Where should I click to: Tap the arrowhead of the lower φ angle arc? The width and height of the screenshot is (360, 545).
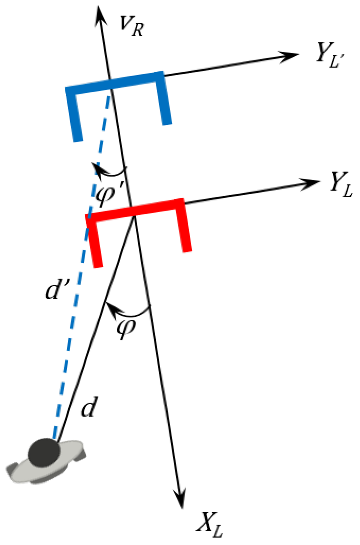coord(110,307)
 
